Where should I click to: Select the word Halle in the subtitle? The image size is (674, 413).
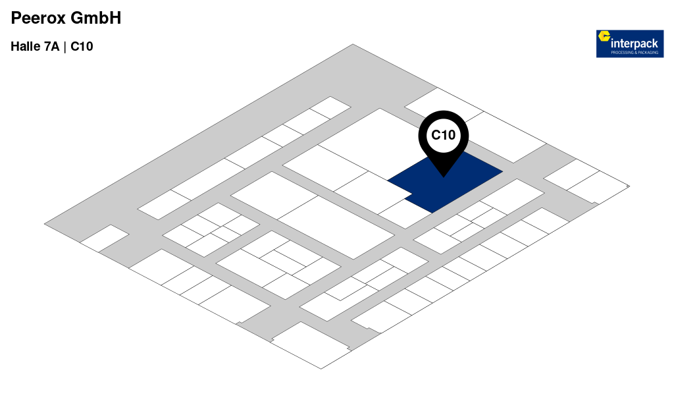24,47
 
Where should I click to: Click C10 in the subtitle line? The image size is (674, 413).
82,47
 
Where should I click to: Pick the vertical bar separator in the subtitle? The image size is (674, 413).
65,47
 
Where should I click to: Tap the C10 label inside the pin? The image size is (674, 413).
443,135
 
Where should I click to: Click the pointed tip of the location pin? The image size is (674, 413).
443,177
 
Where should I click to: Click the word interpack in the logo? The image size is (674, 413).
635,43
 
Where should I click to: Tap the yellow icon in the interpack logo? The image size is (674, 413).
605,36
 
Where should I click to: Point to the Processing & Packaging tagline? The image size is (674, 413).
635,53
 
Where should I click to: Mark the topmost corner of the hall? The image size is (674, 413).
353,44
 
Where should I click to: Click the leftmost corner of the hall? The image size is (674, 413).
44,222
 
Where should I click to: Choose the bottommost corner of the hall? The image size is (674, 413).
321,369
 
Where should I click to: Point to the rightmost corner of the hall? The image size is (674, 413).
629,186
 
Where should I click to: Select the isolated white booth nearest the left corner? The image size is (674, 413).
105,238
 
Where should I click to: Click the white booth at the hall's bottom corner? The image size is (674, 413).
311,344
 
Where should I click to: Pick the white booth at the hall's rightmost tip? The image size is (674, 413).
598,187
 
